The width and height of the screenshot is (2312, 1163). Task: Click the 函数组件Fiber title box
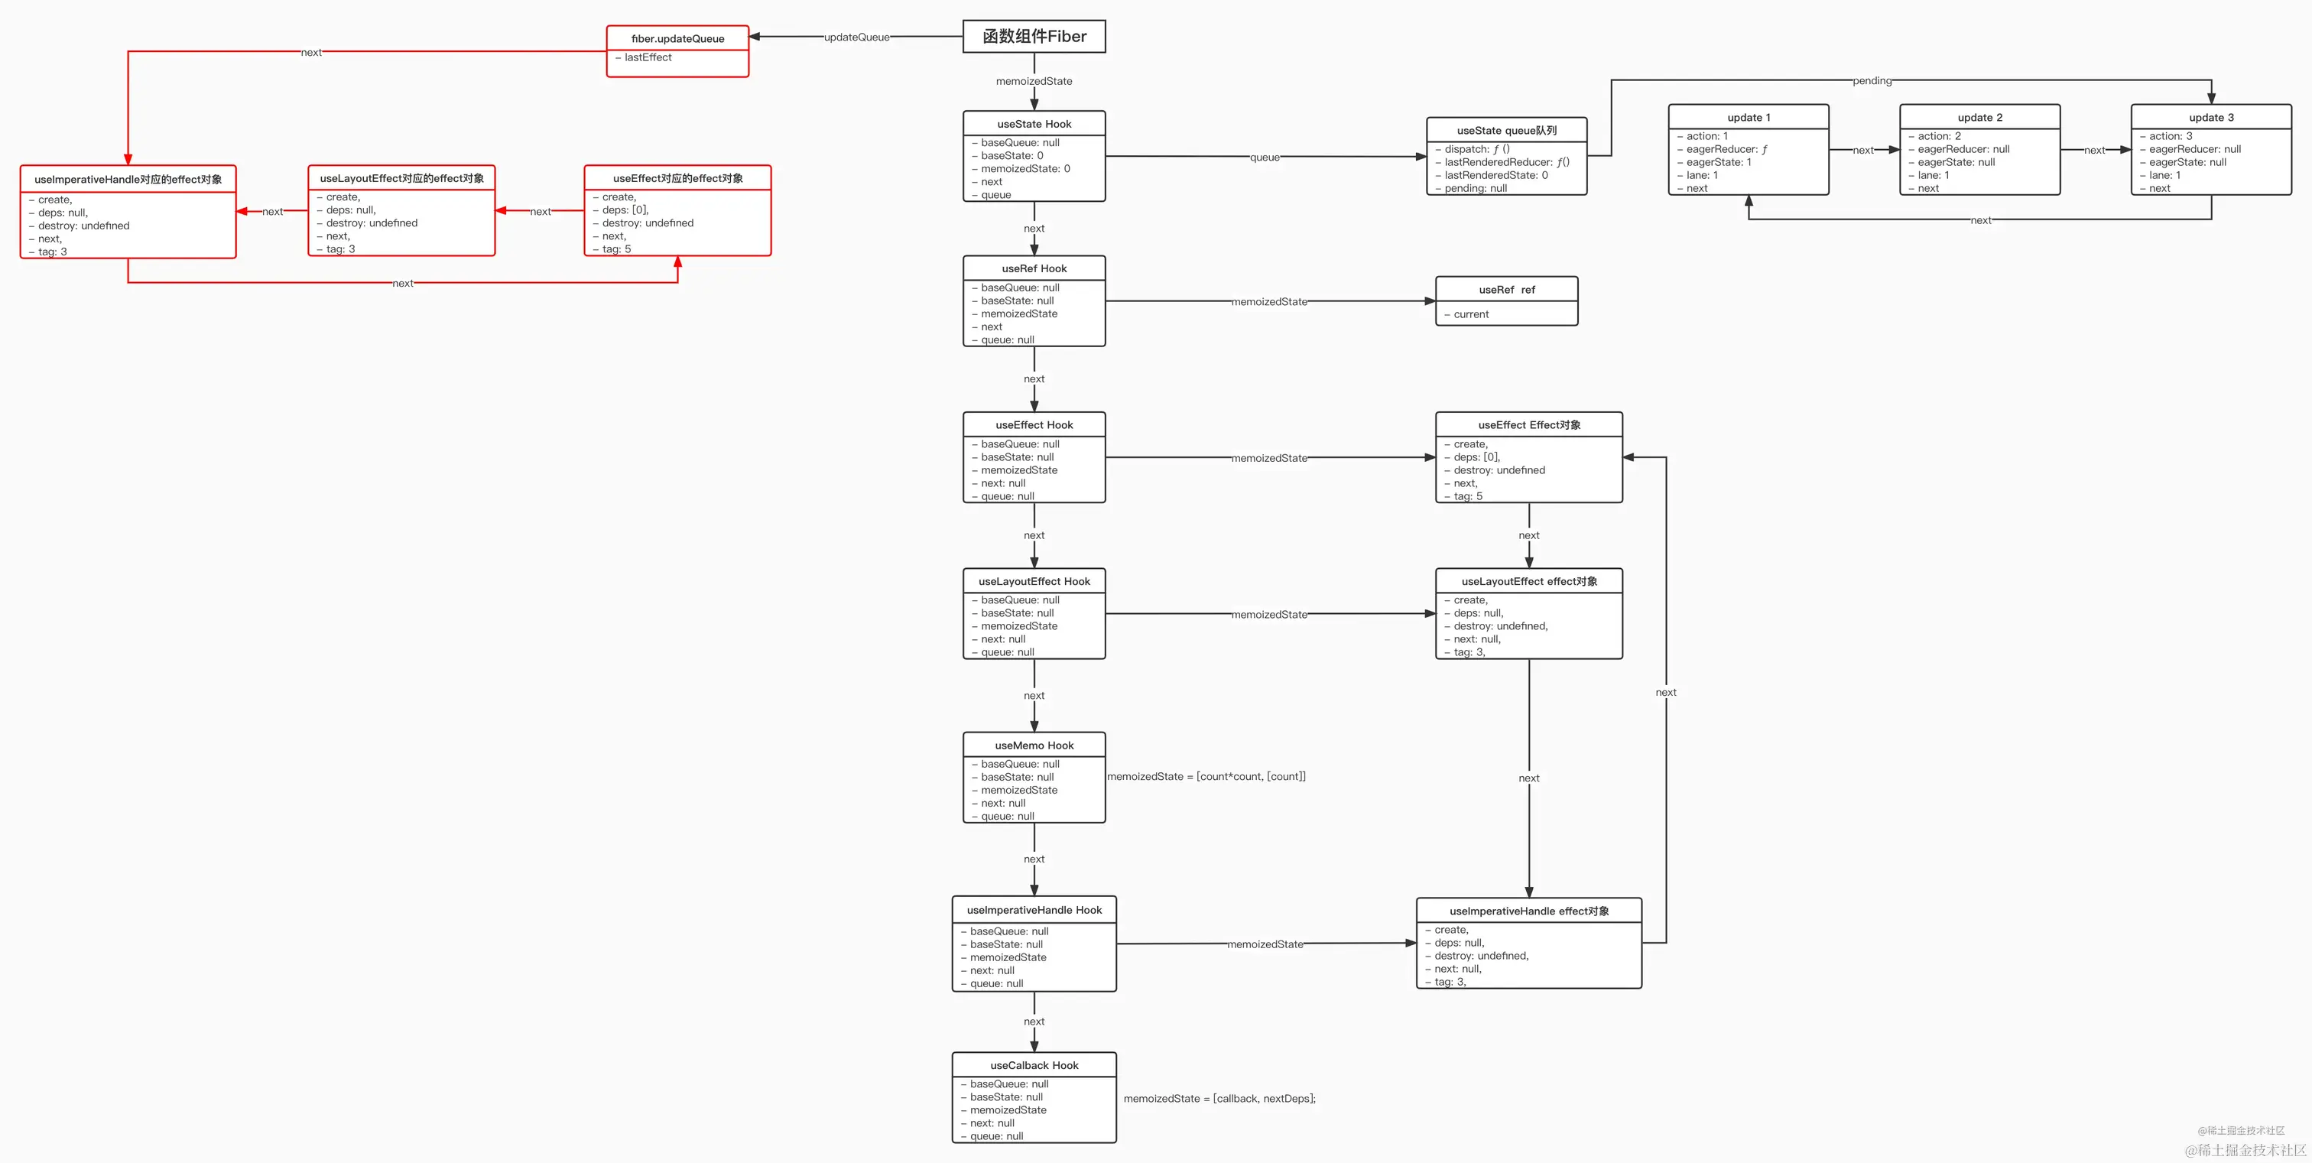(1034, 37)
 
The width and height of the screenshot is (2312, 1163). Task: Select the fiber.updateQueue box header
(677, 38)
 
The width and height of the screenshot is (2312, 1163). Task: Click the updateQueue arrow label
(856, 37)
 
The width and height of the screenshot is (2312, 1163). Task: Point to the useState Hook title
(1034, 124)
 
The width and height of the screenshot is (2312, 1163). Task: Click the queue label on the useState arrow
(1265, 157)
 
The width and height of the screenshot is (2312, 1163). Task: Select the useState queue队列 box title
(1506, 130)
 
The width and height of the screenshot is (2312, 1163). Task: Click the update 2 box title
(1980, 118)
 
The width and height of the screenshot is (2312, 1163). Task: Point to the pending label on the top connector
(1872, 81)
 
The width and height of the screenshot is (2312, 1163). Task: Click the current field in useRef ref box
(1471, 314)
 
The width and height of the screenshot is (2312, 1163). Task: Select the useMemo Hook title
(1034, 745)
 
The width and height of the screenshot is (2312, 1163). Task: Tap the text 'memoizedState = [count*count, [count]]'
(1206, 776)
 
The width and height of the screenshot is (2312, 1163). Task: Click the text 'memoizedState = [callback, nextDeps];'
(1219, 1098)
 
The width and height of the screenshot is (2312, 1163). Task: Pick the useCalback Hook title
(1034, 1065)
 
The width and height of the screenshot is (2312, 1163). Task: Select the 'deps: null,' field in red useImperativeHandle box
(63, 213)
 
